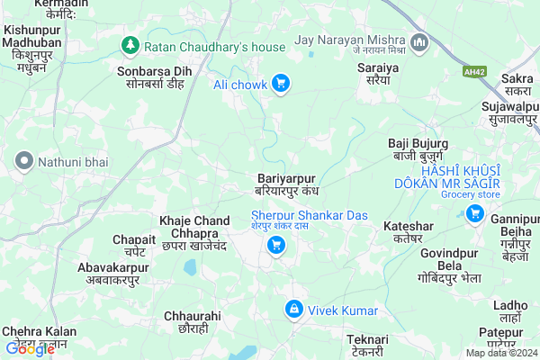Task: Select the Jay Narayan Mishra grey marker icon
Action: pyautogui.click(x=418, y=42)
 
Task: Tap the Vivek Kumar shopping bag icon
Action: pyautogui.click(x=292, y=310)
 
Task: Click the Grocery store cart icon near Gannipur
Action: pyautogui.click(x=473, y=213)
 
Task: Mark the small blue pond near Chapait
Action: pyautogui.click(x=190, y=267)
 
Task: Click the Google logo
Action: pyautogui.click(x=30, y=349)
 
